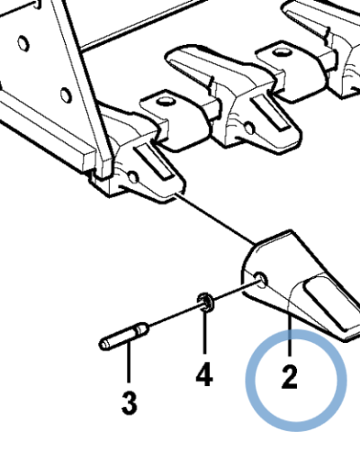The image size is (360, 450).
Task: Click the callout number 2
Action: [289, 377]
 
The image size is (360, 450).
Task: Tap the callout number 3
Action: [130, 402]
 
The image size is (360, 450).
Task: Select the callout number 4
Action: [204, 373]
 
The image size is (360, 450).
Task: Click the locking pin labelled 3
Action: [124, 336]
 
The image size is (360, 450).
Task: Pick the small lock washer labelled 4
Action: [205, 301]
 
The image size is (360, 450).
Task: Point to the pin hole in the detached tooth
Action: [261, 280]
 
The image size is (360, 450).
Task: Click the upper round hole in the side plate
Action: [23, 43]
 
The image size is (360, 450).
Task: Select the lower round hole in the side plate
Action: [66, 94]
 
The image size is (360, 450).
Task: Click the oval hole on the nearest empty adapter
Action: [166, 101]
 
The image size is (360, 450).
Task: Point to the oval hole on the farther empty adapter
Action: [283, 53]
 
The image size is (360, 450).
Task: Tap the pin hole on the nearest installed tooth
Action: [133, 177]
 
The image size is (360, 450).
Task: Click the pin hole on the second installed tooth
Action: [249, 128]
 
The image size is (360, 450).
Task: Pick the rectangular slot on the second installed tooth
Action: [270, 113]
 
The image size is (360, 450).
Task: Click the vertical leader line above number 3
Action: [129, 362]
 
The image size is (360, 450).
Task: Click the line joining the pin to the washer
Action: [173, 316]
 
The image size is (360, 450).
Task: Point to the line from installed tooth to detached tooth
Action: [215, 218]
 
